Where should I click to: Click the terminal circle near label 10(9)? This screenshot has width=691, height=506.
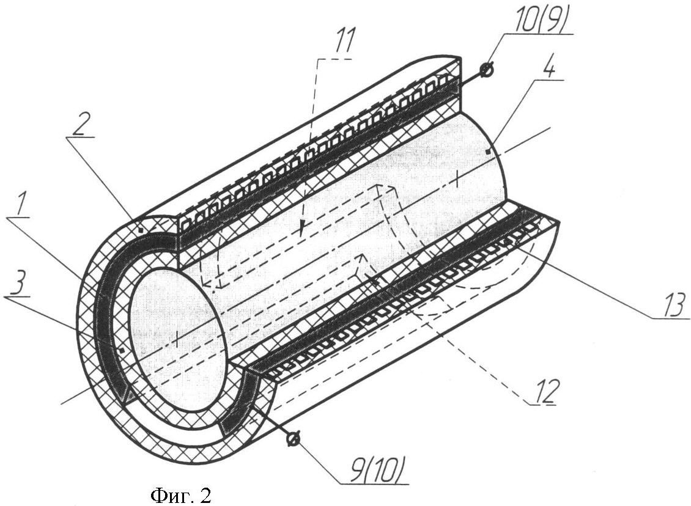[x=487, y=70]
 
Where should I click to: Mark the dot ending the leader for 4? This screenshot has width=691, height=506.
[x=487, y=150]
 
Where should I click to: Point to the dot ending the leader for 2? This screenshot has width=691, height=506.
[x=141, y=230]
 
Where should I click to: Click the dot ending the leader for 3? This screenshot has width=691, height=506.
[x=122, y=350]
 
